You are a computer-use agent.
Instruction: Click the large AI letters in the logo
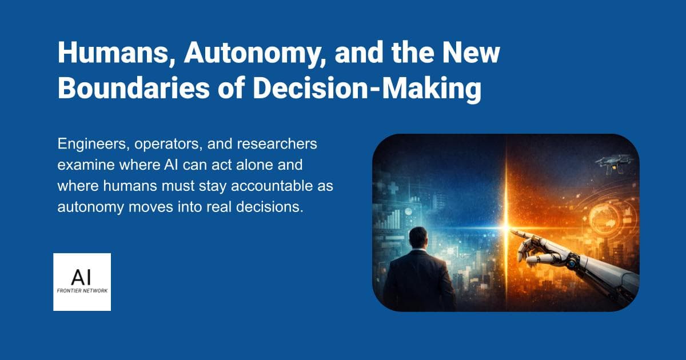(x=82, y=277)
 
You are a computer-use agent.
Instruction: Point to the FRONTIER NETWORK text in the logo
(x=82, y=290)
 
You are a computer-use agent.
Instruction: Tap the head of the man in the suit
(x=418, y=238)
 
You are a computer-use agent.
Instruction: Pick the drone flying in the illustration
(x=614, y=162)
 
